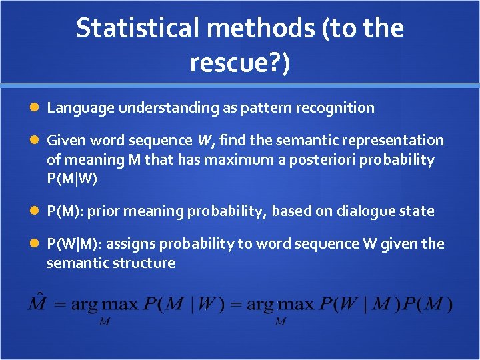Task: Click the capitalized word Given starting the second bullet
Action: pyautogui.click(x=65, y=141)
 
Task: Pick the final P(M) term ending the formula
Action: pyautogui.click(x=430, y=305)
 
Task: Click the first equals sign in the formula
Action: pyautogui.click(x=61, y=305)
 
